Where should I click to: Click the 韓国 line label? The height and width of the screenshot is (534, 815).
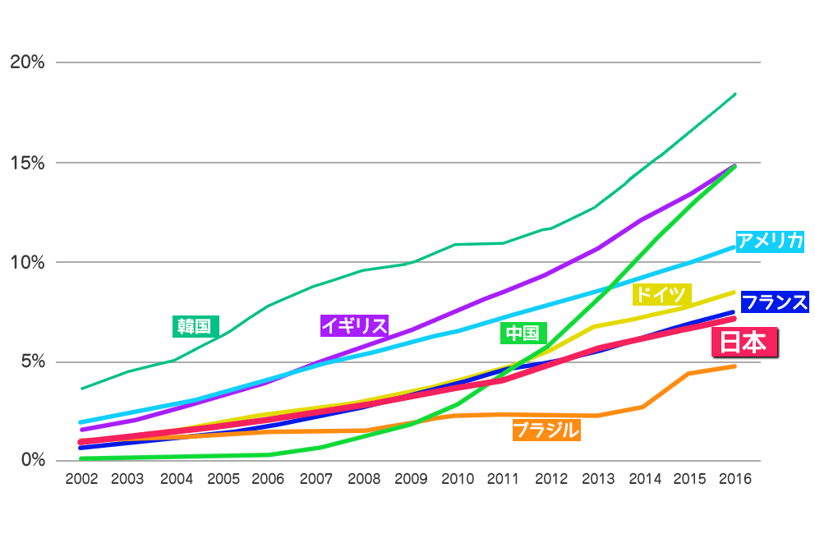(x=196, y=326)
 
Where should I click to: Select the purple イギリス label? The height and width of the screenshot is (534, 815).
(x=354, y=325)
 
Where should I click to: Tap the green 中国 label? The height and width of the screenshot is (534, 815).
(x=523, y=333)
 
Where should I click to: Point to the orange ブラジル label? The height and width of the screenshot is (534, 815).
(x=546, y=430)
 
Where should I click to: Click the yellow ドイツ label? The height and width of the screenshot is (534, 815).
(x=662, y=294)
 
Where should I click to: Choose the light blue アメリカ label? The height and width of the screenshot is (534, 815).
(x=769, y=241)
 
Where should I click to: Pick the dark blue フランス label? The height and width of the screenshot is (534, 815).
(x=774, y=302)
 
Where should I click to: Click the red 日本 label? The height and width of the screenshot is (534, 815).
(x=744, y=343)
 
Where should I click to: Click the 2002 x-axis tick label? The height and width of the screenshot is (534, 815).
(x=81, y=479)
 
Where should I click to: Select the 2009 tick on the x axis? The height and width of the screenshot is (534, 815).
(x=411, y=479)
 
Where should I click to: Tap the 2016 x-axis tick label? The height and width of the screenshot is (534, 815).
(x=734, y=479)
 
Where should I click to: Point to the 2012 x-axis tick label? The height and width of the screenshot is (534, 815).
(x=551, y=479)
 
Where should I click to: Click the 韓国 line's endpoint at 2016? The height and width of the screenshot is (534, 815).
(x=734, y=94)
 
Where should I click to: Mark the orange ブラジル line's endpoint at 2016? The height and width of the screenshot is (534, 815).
(x=734, y=366)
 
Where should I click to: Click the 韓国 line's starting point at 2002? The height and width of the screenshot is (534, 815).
(x=81, y=388)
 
